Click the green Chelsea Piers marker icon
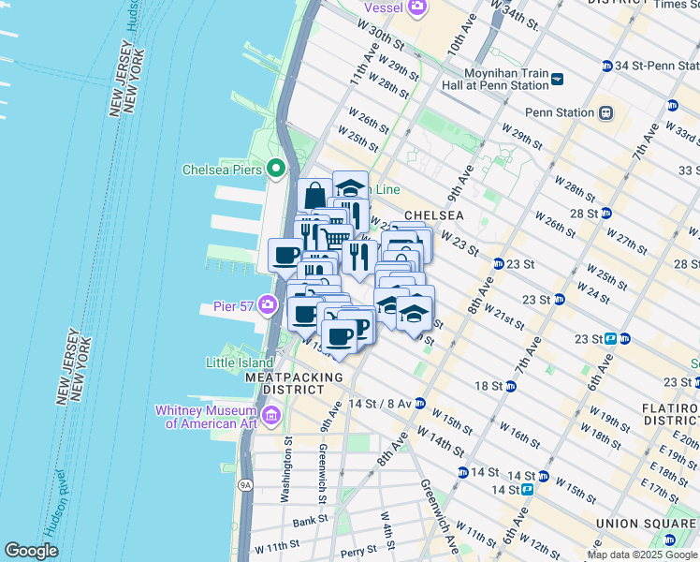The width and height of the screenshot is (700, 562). (x=275, y=170)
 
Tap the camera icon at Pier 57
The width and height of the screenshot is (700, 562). (x=269, y=304)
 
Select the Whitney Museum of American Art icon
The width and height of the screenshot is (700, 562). (x=271, y=415)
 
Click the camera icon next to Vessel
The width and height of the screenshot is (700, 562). (x=416, y=8)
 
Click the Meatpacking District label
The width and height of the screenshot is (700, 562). (x=293, y=382)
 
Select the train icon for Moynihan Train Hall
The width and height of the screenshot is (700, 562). (x=557, y=79)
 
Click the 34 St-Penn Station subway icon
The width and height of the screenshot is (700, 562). (x=606, y=66)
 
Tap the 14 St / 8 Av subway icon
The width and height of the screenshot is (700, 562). (x=420, y=404)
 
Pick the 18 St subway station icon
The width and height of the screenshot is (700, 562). (x=510, y=386)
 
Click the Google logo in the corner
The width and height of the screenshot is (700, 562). (x=31, y=551)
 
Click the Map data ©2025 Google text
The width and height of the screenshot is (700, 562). (x=642, y=555)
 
